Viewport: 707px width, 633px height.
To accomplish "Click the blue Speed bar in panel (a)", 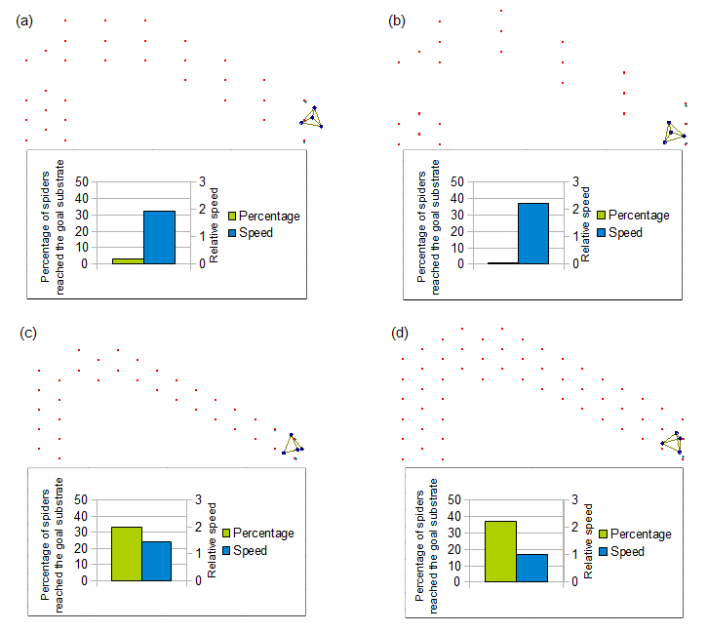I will [159, 237].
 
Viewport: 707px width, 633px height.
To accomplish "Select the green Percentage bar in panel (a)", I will [128, 260].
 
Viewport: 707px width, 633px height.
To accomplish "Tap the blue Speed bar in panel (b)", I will [532, 233].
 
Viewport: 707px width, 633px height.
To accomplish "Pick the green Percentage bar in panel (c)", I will [127, 553].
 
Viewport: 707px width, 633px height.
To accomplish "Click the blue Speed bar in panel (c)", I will [156, 561].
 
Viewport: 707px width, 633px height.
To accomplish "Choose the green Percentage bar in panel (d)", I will [500, 551].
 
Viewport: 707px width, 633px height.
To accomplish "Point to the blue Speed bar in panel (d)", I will [531, 567].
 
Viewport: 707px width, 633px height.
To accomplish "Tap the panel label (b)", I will [397, 20].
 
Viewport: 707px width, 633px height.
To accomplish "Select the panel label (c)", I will [29, 333].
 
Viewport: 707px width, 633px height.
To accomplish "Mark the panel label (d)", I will [400, 333].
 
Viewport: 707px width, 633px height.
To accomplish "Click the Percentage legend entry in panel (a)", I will [263, 216].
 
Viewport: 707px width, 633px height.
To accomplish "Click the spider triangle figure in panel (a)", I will [312, 118].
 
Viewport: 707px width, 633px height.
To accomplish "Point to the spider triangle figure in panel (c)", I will [293, 444].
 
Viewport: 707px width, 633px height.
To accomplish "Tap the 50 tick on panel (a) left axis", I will [81, 181].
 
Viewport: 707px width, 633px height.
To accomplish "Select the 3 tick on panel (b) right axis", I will [575, 181].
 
